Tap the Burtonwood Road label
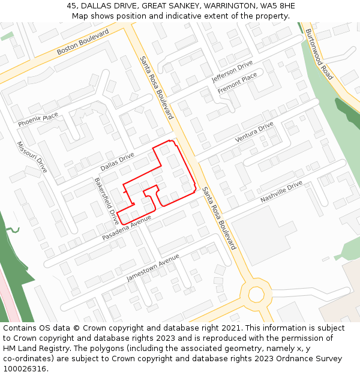pos(319,54)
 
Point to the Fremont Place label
pos(237,83)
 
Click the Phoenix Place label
pos(38,120)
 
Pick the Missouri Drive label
pos(31,157)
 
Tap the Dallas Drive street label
pos(117,161)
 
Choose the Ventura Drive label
pos(254,131)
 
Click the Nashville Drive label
pos(281,191)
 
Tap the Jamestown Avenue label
pos(153,268)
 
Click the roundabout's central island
pos(256,295)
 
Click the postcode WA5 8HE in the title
pos(278,5)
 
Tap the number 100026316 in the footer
pos(25,368)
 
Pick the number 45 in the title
pos(71,5)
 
